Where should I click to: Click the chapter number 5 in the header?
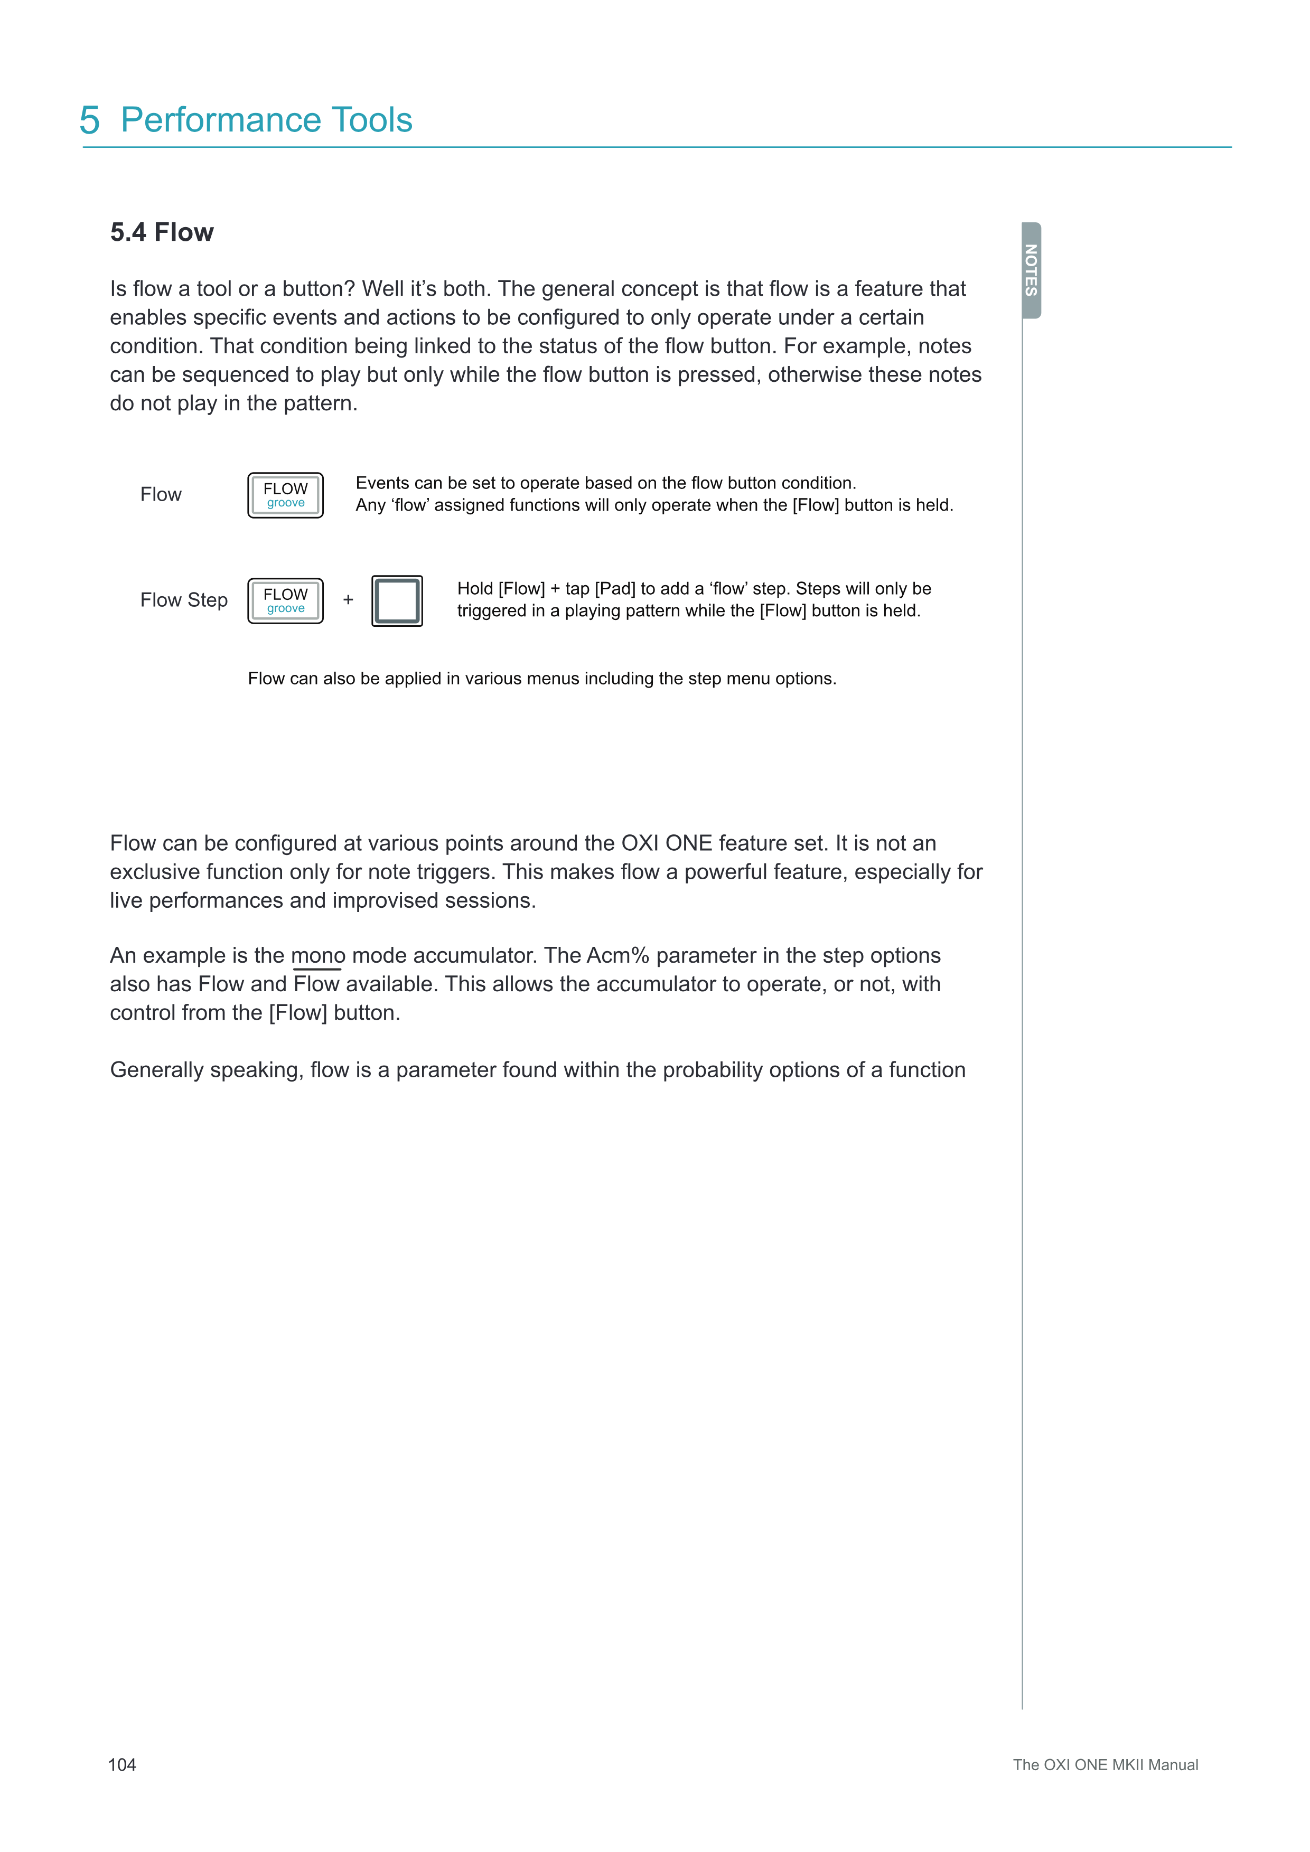tap(90, 120)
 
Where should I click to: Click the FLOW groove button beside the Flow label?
tap(286, 495)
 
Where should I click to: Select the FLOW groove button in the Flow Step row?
tap(286, 601)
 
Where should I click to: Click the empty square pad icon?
tap(397, 601)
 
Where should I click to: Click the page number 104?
tap(122, 1764)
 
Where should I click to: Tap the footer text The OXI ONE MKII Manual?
tap(1105, 1764)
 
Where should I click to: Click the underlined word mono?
tap(318, 956)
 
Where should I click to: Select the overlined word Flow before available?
tap(317, 984)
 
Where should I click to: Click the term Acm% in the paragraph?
tap(617, 956)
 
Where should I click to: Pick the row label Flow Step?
tap(184, 600)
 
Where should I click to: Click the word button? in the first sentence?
tap(319, 289)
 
